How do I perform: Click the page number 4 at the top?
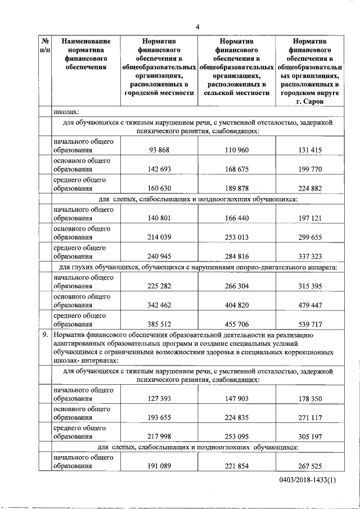pos(198,26)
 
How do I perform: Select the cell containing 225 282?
pos(159,286)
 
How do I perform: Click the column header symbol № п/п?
pos(45,46)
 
